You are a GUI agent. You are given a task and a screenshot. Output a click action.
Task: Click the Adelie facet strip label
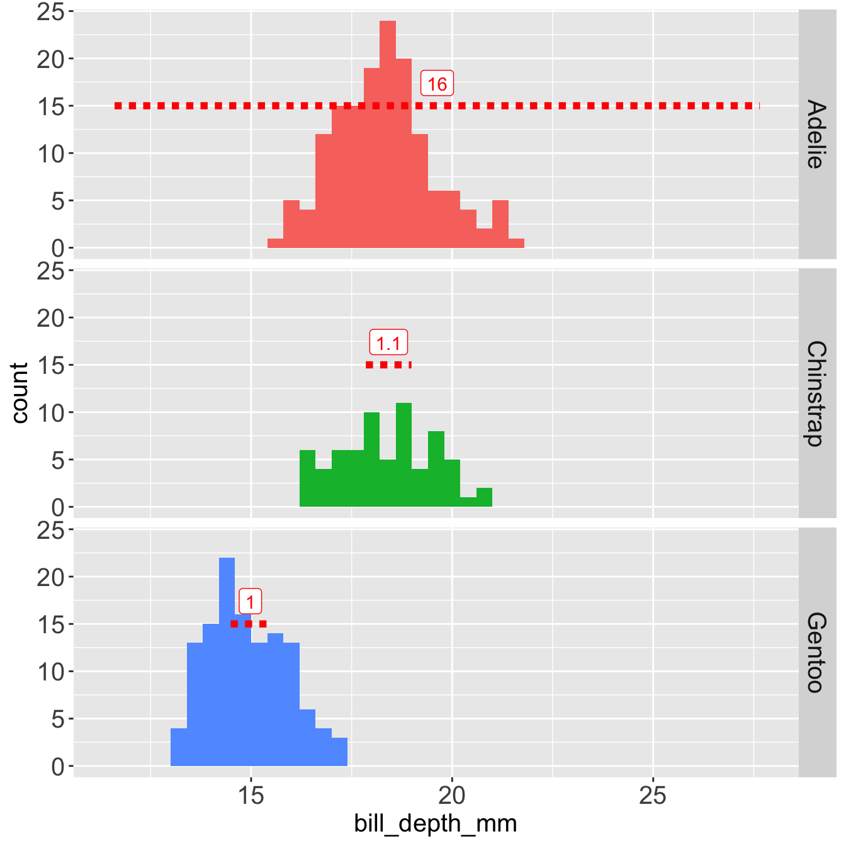[x=815, y=133]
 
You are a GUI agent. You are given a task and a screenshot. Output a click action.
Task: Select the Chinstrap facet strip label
[x=815, y=393]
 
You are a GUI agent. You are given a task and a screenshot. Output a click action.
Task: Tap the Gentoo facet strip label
[x=815, y=652]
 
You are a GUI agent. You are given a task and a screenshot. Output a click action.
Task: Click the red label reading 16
[x=437, y=84]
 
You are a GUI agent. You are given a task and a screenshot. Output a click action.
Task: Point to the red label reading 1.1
[x=388, y=343]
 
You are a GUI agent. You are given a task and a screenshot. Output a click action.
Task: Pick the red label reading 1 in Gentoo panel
[x=251, y=602]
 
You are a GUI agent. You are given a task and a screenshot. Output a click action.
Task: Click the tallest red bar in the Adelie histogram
[x=388, y=135]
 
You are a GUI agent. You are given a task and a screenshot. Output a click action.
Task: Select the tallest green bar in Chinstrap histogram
[x=403, y=454]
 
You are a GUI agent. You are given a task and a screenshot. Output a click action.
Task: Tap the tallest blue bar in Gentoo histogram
[x=227, y=661]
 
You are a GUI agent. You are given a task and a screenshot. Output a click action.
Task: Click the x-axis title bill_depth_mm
[x=436, y=823]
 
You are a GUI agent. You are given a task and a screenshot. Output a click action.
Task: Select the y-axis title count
[x=20, y=393]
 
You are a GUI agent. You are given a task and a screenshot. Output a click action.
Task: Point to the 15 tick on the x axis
[x=251, y=796]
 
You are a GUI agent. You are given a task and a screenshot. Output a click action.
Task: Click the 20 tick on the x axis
[x=452, y=796]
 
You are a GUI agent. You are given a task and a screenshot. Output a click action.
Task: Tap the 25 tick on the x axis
[x=653, y=796]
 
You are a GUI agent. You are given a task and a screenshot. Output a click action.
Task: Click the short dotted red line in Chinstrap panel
[x=388, y=365]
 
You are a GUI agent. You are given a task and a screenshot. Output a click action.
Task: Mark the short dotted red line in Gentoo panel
[x=249, y=624]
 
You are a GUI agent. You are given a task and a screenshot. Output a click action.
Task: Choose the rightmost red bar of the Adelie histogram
[x=516, y=243]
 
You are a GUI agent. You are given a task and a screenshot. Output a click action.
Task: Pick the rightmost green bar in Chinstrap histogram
[x=484, y=497]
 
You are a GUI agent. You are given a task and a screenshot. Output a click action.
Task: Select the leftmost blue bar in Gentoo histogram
[x=179, y=747]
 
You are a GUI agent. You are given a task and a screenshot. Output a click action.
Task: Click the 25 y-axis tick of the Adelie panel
[x=51, y=12]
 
